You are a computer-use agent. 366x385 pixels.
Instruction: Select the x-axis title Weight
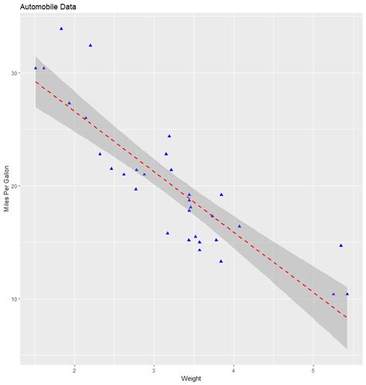[x=191, y=378]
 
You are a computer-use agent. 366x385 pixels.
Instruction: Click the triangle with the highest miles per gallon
[x=61, y=29]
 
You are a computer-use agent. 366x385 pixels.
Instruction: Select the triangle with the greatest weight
[x=347, y=294]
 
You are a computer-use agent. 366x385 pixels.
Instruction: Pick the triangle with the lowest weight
[x=36, y=68]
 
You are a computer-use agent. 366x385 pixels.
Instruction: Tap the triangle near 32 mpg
[x=90, y=46]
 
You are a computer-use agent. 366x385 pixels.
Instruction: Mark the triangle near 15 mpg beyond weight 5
[x=341, y=245]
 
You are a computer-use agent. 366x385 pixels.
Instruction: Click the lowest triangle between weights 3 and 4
[x=221, y=262]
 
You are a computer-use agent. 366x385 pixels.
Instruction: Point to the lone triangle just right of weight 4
[x=239, y=226]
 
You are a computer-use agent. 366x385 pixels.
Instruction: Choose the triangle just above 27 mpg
[x=69, y=103]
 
